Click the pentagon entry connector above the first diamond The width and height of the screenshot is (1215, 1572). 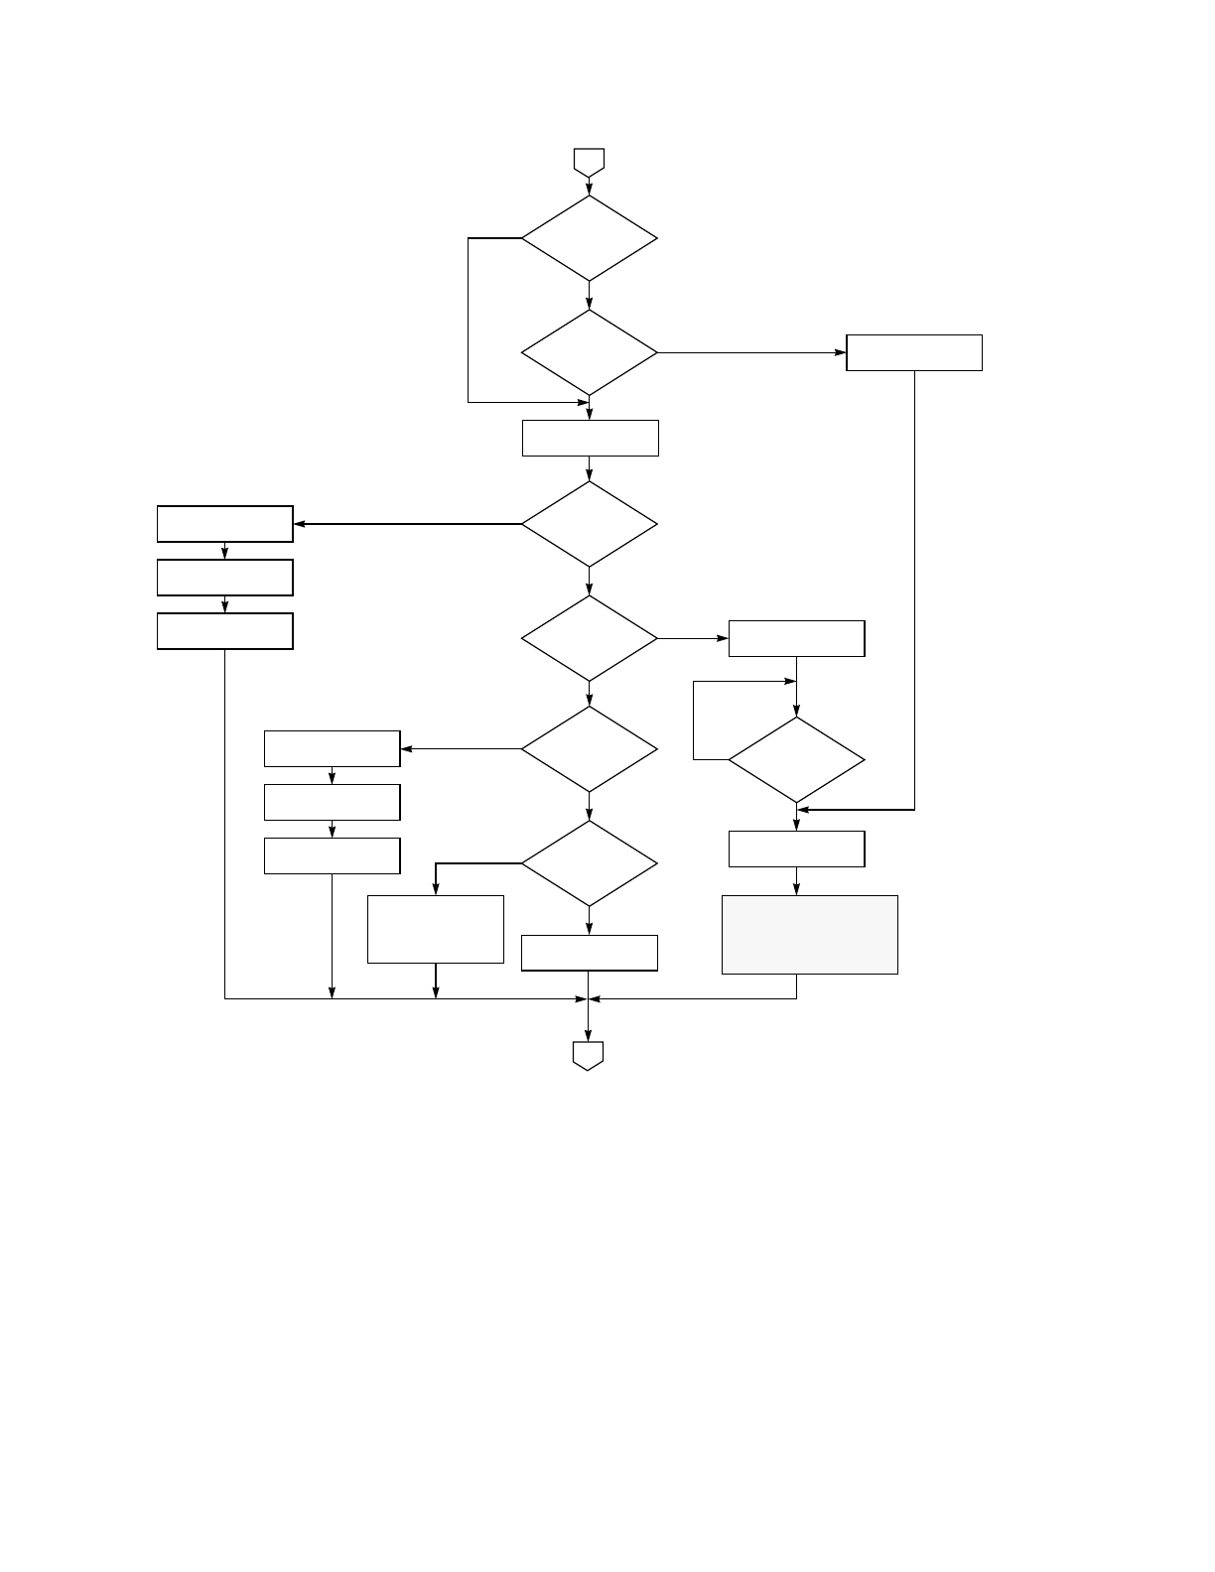589,162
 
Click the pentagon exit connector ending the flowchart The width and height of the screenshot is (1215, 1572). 589,1055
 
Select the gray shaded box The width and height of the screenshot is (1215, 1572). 810,935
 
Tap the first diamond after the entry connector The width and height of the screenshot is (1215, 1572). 590,238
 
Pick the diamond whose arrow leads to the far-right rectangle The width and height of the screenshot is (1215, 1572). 590,352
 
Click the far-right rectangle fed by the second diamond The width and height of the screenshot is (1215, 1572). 914,352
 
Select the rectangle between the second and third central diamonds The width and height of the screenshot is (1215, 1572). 591,438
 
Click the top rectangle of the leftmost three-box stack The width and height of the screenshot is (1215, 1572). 225,524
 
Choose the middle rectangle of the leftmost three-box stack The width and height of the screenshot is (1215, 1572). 225,578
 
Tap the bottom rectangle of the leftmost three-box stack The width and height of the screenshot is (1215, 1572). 225,631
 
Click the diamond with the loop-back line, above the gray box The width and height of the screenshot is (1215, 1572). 796,760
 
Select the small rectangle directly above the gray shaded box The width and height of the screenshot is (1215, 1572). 796,849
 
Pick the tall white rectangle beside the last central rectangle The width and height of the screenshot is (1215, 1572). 436,929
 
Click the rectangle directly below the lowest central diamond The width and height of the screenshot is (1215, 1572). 590,953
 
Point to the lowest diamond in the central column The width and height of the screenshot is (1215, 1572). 590,863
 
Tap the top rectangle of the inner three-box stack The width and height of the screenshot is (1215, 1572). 332,749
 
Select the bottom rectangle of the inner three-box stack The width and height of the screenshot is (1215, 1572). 332,855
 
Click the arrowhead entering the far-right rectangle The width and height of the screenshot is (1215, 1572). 841,352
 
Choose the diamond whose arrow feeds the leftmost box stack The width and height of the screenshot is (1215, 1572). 590,524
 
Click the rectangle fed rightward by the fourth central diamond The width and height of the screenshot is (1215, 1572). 796,638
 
